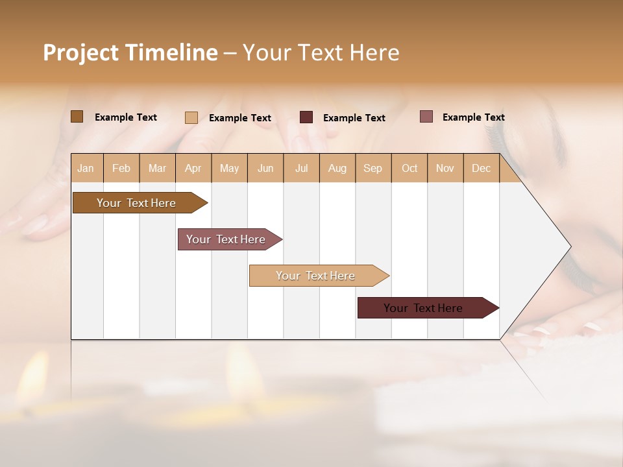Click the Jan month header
click(x=86, y=168)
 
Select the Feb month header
click(x=121, y=168)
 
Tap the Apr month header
click(x=193, y=168)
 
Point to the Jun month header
click(x=265, y=168)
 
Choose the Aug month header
click(x=337, y=168)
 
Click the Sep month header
click(x=373, y=168)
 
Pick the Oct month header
click(x=409, y=168)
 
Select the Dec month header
click(x=481, y=168)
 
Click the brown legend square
click(x=77, y=117)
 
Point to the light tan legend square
click(x=191, y=117)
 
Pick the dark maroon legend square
click(x=306, y=117)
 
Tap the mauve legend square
click(x=426, y=117)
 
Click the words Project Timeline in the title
click(x=130, y=53)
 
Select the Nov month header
click(x=445, y=168)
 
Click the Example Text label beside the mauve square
click(x=473, y=117)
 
